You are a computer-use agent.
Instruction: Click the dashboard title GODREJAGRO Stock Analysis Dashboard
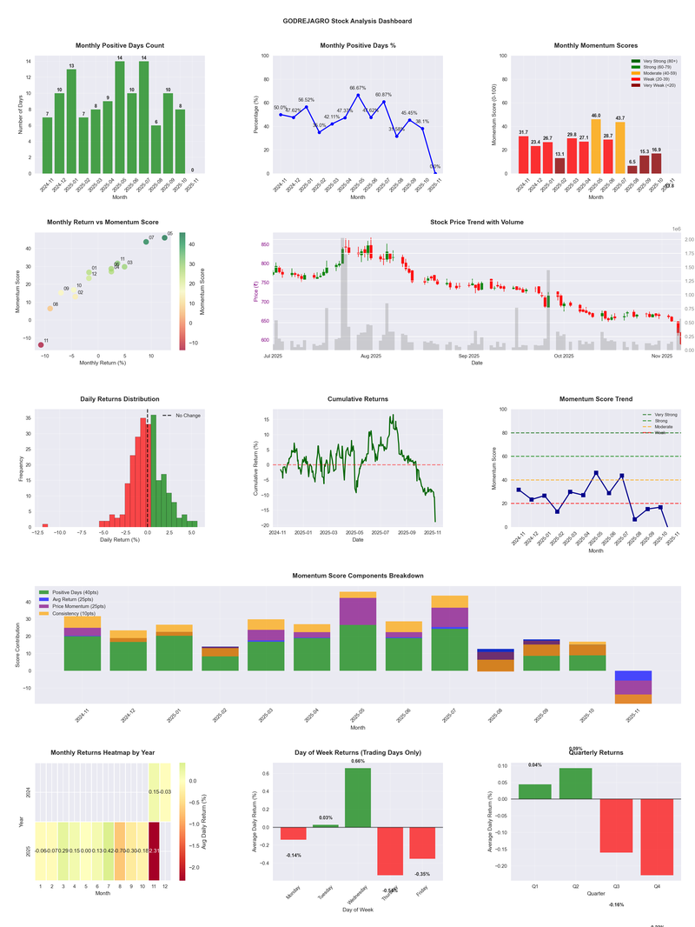[x=347, y=20]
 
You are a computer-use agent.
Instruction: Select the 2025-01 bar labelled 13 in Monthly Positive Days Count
[x=71, y=121]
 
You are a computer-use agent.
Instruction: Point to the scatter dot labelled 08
[x=50, y=309]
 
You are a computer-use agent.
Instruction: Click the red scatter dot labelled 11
[x=40, y=345]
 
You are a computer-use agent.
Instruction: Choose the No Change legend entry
[x=182, y=416]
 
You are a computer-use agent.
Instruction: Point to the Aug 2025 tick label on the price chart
[x=371, y=356]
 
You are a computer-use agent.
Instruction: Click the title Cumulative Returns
[x=358, y=398]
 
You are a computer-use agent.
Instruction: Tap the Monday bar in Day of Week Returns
[x=293, y=833]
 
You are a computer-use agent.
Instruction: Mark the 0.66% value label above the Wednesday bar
[x=358, y=761]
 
